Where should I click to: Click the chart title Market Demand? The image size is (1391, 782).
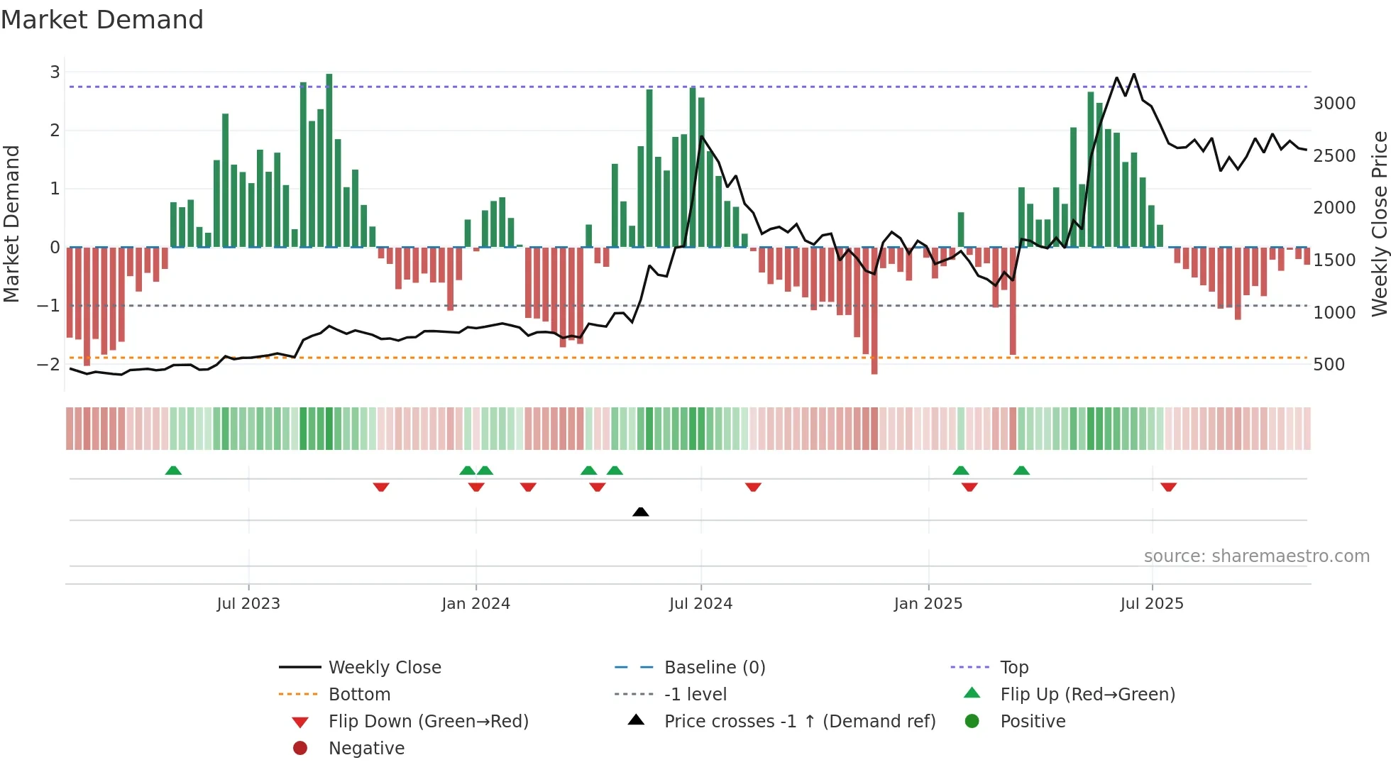click(102, 20)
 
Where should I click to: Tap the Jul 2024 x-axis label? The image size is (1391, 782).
click(700, 604)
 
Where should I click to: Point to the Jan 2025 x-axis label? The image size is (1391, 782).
click(928, 604)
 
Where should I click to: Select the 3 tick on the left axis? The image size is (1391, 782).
click(55, 72)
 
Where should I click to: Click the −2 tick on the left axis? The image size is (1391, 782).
click(48, 364)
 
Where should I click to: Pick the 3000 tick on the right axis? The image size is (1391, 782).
click(1334, 104)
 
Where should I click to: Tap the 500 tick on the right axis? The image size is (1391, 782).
click(1329, 365)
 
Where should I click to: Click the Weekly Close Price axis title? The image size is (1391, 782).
click(1379, 224)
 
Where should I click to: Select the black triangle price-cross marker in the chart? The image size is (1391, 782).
click(640, 512)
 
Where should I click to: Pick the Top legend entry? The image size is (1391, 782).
click(1013, 667)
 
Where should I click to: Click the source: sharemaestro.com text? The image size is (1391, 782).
click(1256, 556)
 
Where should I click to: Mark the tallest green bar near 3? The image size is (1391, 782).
click(329, 160)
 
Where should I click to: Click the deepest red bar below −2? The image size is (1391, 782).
click(874, 311)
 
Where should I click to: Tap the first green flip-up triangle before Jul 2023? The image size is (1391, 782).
click(173, 470)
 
